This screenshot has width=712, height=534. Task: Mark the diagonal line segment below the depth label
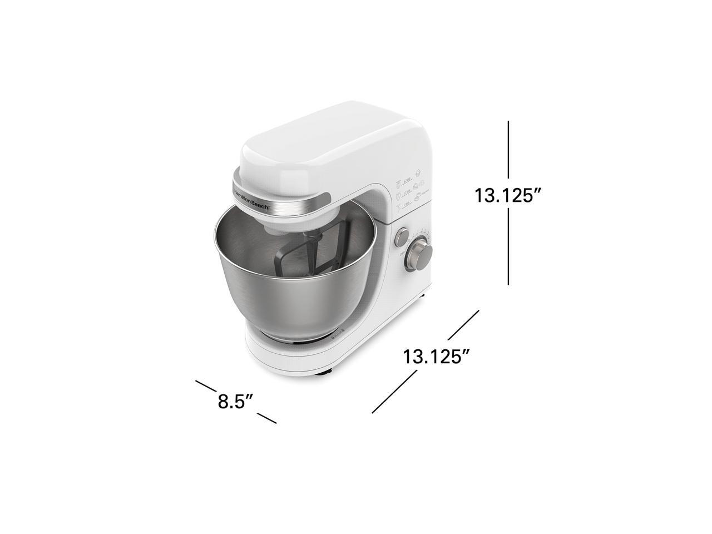tap(394, 392)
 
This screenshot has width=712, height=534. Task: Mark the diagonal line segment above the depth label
tap(463, 324)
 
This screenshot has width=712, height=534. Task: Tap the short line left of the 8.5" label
tap(205, 385)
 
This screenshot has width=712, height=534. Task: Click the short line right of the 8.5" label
tap(267, 418)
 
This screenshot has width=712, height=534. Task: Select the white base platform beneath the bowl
tap(289, 356)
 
